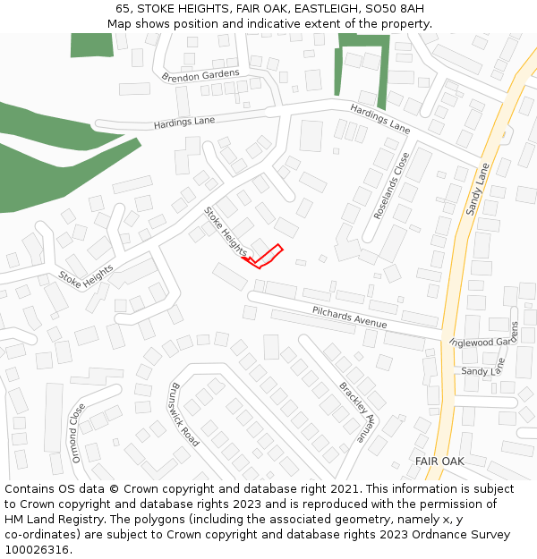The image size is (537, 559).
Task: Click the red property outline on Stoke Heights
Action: pyautogui.click(x=264, y=257)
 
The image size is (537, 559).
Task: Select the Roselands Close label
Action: pyautogui.click(x=390, y=185)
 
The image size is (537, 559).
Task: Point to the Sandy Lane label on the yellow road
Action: pyautogui.click(x=478, y=189)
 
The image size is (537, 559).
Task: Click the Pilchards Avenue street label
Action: pyautogui.click(x=350, y=317)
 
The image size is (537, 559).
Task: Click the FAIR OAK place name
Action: pyautogui.click(x=439, y=461)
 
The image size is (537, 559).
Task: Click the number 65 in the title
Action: pyautogui.click(x=124, y=9)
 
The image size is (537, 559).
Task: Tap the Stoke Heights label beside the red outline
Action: pyautogui.click(x=225, y=232)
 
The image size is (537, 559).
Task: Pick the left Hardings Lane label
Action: pyautogui.click(x=184, y=122)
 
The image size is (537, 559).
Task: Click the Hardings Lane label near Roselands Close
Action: pyautogui.click(x=379, y=119)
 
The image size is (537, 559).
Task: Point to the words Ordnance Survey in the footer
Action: pyautogui.click(x=465, y=534)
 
